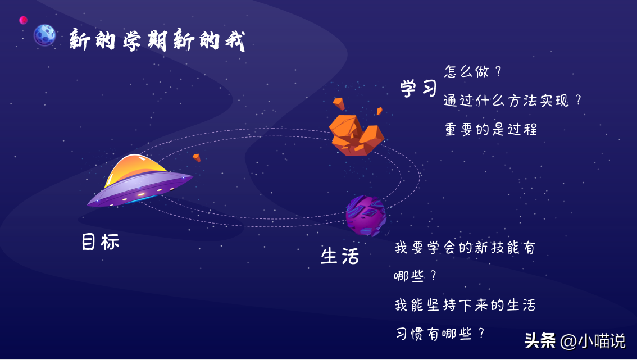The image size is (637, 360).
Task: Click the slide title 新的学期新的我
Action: (x=157, y=40)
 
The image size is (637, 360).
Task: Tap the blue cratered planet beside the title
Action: (x=45, y=35)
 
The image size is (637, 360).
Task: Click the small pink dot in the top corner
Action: (x=23, y=20)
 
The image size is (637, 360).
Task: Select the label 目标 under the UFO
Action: (x=101, y=241)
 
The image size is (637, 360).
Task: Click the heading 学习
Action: (x=418, y=88)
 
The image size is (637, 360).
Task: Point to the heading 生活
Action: (x=340, y=256)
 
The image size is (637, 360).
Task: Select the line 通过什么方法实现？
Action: (x=512, y=101)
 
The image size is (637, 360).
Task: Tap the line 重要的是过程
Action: (x=491, y=129)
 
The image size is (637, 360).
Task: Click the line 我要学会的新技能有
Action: (x=465, y=248)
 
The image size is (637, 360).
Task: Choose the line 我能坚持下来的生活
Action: (x=465, y=305)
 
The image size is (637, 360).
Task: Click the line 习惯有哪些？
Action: (x=440, y=334)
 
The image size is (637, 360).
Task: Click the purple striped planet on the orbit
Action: (x=366, y=216)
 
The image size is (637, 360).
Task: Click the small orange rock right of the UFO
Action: (x=197, y=157)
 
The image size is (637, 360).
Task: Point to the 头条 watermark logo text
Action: (x=540, y=340)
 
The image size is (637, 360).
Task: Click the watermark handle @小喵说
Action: (x=593, y=340)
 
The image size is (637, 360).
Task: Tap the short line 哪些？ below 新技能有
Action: (x=415, y=276)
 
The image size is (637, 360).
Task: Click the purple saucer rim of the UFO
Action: (x=140, y=189)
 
